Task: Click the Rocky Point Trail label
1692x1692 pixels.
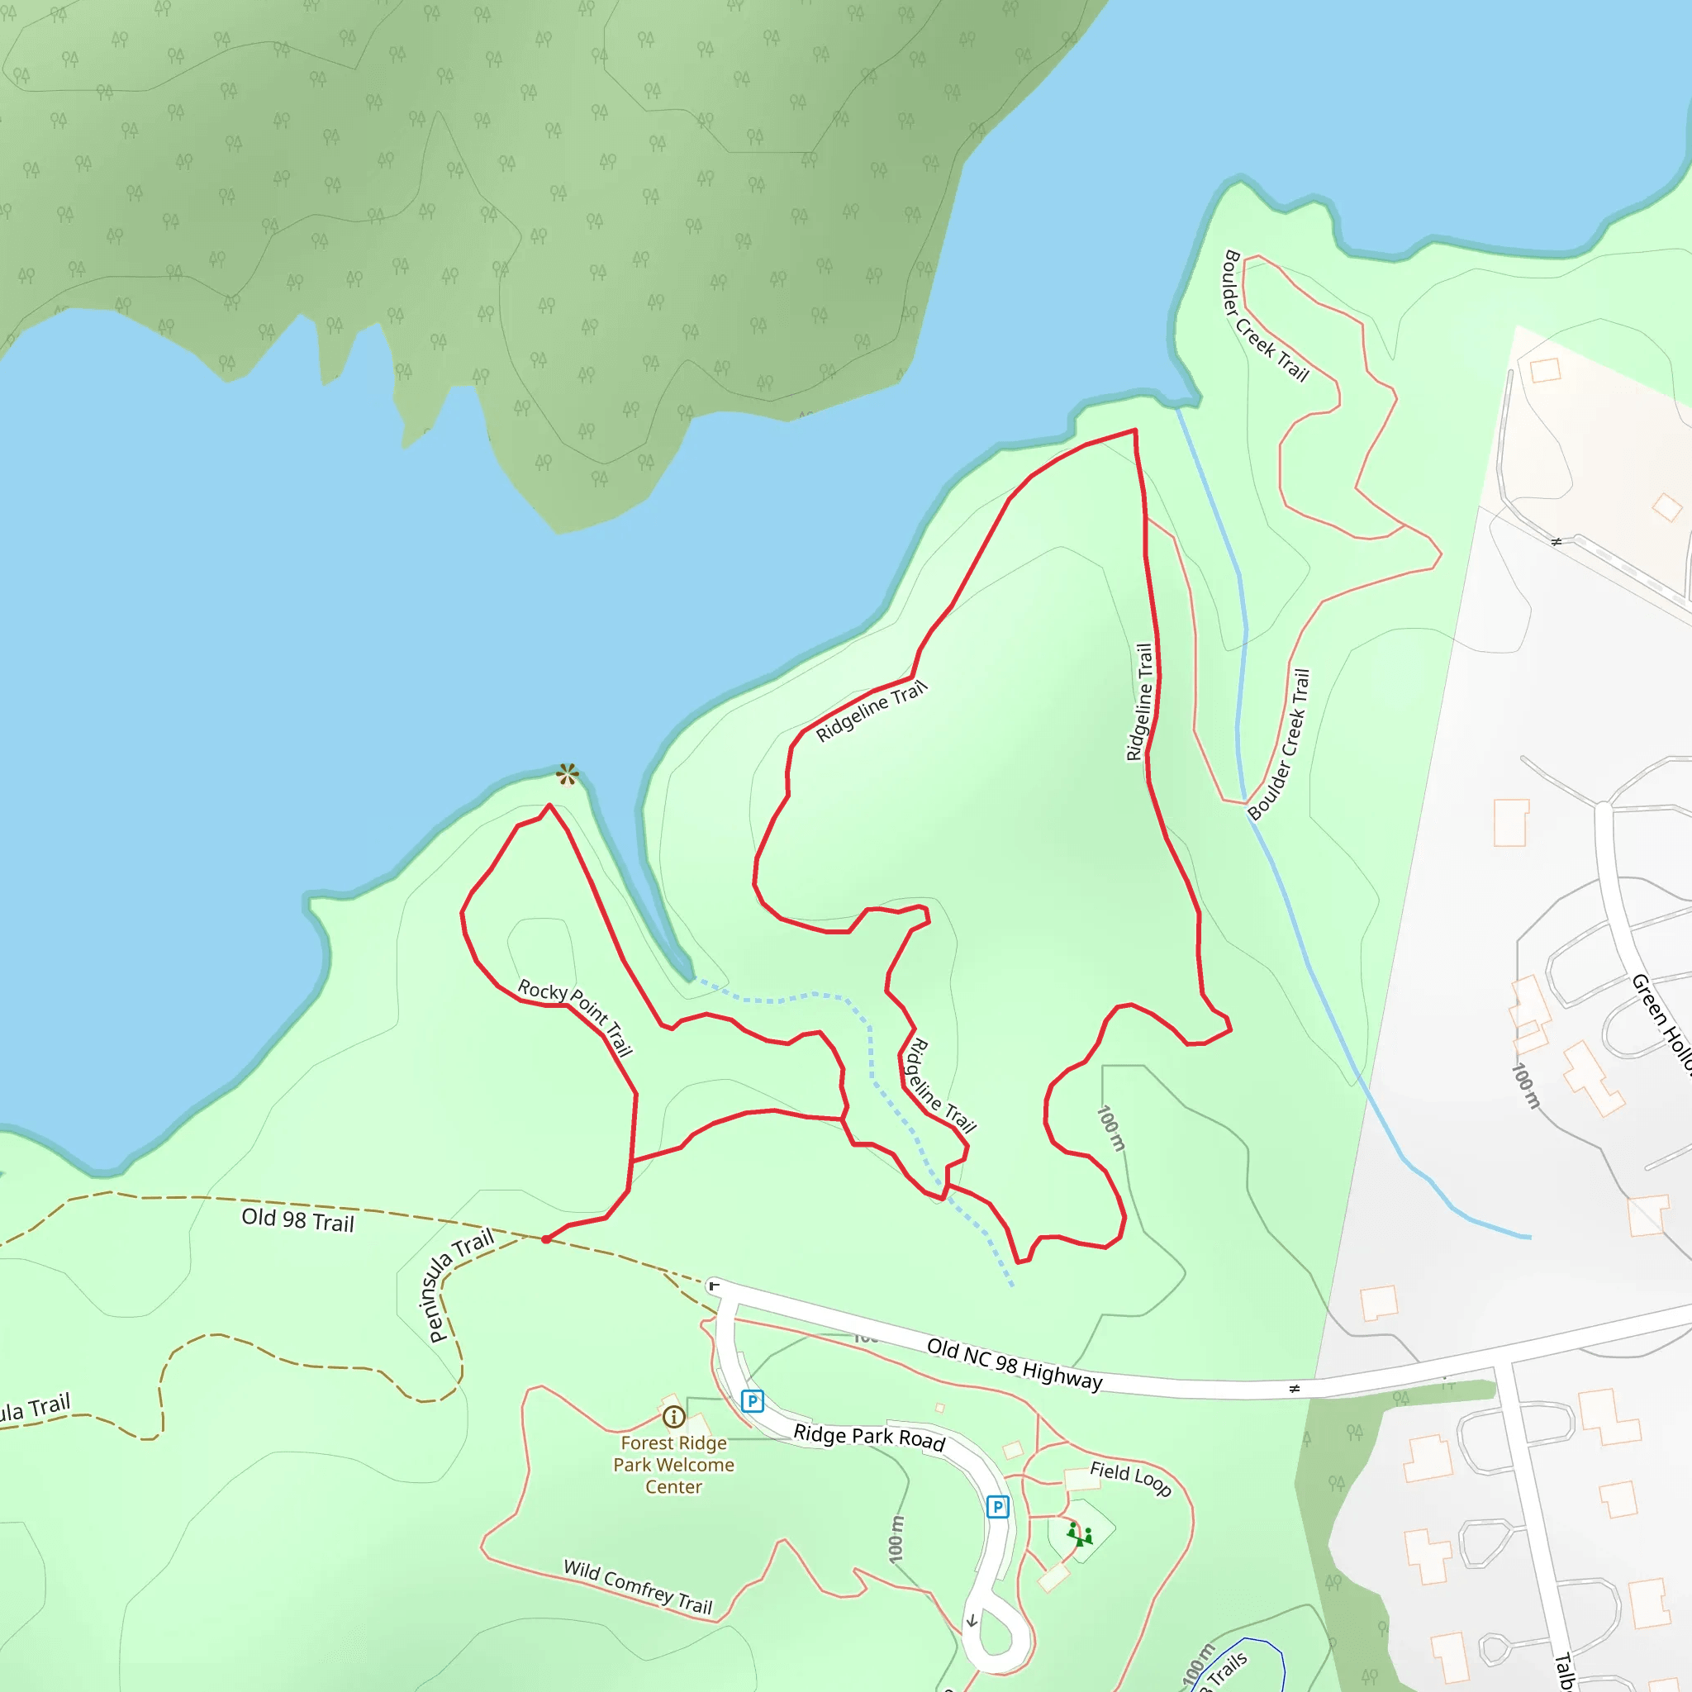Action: [574, 1018]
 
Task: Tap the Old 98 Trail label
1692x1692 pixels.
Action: [297, 1220]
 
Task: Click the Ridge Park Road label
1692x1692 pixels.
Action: [869, 1438]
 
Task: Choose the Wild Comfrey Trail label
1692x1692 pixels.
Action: [638, 1586]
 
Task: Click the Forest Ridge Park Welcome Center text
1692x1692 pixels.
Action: [673, 1464]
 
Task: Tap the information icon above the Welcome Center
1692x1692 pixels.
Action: [673, 1416]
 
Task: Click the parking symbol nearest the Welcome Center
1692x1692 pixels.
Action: [753, 1401]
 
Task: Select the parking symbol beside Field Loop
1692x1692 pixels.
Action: [997, 1506]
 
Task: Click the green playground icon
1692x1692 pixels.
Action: [1080, 1534]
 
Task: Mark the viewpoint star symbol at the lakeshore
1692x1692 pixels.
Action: [568, 774]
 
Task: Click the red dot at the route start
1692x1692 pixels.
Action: [545, 1239]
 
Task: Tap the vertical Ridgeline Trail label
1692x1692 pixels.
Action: [1139, 702]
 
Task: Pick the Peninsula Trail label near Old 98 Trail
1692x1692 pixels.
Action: [461, 1286]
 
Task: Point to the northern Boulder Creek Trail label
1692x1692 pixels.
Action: [1265, 316]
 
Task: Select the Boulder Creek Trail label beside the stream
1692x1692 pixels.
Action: [1280, 744]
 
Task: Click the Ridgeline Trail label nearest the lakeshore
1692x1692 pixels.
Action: [871, 712]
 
